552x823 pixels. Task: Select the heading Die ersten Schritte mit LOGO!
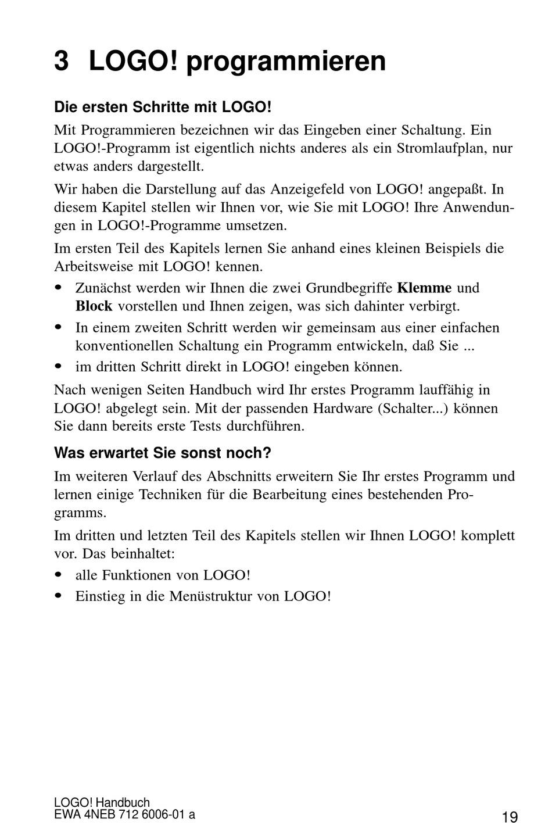[x=163, y=108]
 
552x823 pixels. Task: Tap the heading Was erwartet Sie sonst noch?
[x=163, y=453]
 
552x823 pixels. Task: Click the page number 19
[x=510, y=817]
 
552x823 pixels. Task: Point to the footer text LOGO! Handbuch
[x=102, y=803]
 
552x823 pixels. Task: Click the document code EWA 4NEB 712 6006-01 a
[x=124, y=814]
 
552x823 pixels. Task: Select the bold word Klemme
[x=424, y=288]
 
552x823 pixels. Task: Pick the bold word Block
[x=94, y=306]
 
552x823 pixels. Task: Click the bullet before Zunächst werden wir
[x=58, y=288]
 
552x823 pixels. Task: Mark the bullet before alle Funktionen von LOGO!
[x=58, y=575]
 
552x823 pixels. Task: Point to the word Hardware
[x=342, y=408]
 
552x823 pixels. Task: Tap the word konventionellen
[x=124, y=346]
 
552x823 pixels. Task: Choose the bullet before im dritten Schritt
[x=58, y=367]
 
